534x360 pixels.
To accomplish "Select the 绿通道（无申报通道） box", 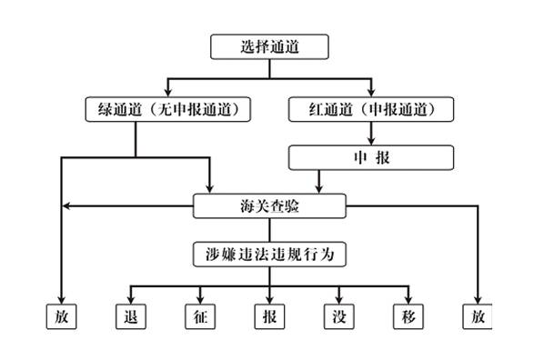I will coord(167,110).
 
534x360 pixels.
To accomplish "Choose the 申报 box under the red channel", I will coord(371,157).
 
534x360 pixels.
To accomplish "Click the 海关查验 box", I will coord(269,206).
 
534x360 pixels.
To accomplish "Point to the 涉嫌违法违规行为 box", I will coord(270,254).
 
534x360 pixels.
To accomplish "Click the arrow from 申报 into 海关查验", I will coord(317,183).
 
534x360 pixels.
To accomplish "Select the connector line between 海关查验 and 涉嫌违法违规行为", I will coord(269,230).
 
